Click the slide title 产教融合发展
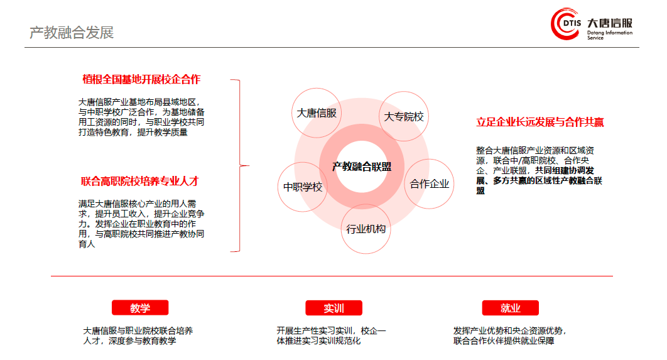(x=72, y=32)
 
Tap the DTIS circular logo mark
(x=566, y=23)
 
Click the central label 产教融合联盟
(x=362, y=166)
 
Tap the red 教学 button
(x=140, y=308)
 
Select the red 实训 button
(x=334, y=308)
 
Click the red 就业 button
(x=511, y=308)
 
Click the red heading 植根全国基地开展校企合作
(x=141, y=79)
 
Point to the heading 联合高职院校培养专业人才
(x=139, y=182)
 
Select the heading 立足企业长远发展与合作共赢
(x=540, y=122)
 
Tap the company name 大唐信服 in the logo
(x=610, y=23)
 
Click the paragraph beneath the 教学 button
(x=138, y=335)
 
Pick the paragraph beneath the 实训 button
(x=332, y=335)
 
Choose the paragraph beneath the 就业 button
(x=509, y=335)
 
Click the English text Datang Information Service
(x=610, y=35)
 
